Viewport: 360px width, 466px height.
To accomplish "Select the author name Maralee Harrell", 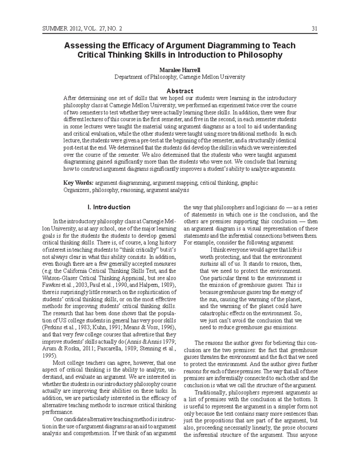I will (180, 70).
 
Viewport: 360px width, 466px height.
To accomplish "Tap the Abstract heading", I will (180, 91).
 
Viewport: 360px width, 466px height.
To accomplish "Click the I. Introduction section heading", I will (108, 207).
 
